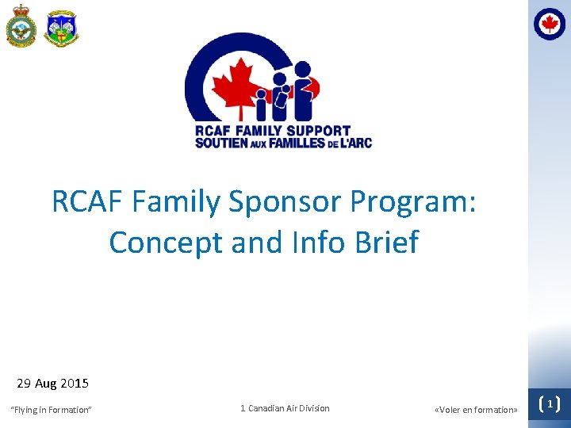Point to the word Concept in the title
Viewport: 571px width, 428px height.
pyautogui.click(x=167, y=243)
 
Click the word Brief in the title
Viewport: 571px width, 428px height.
pyautogui.click(x=386, y=242)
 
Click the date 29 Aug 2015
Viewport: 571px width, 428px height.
pyautogui.click(x=52, y=384)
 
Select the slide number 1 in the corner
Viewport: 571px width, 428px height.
pyautogui.click(x=549, y=404)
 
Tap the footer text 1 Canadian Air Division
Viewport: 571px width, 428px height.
pyautogui.click(x=285, y=408)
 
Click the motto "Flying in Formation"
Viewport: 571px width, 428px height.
pyautogui.click(x=51, y=410)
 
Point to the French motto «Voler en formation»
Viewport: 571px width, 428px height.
pyautogui.click(x=476, y=410)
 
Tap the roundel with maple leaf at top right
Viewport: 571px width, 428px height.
pyautogui.click(x=550, y=24)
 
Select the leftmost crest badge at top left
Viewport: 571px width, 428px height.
pyautogui.click(x=21, y=28)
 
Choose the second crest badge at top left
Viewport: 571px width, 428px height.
pyautogui.click(x=61, y=28)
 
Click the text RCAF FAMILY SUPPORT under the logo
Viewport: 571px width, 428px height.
pyautogui.click(x=272, y=131)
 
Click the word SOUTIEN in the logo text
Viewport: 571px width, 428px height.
pyautogui.click(x=223, y=143)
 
